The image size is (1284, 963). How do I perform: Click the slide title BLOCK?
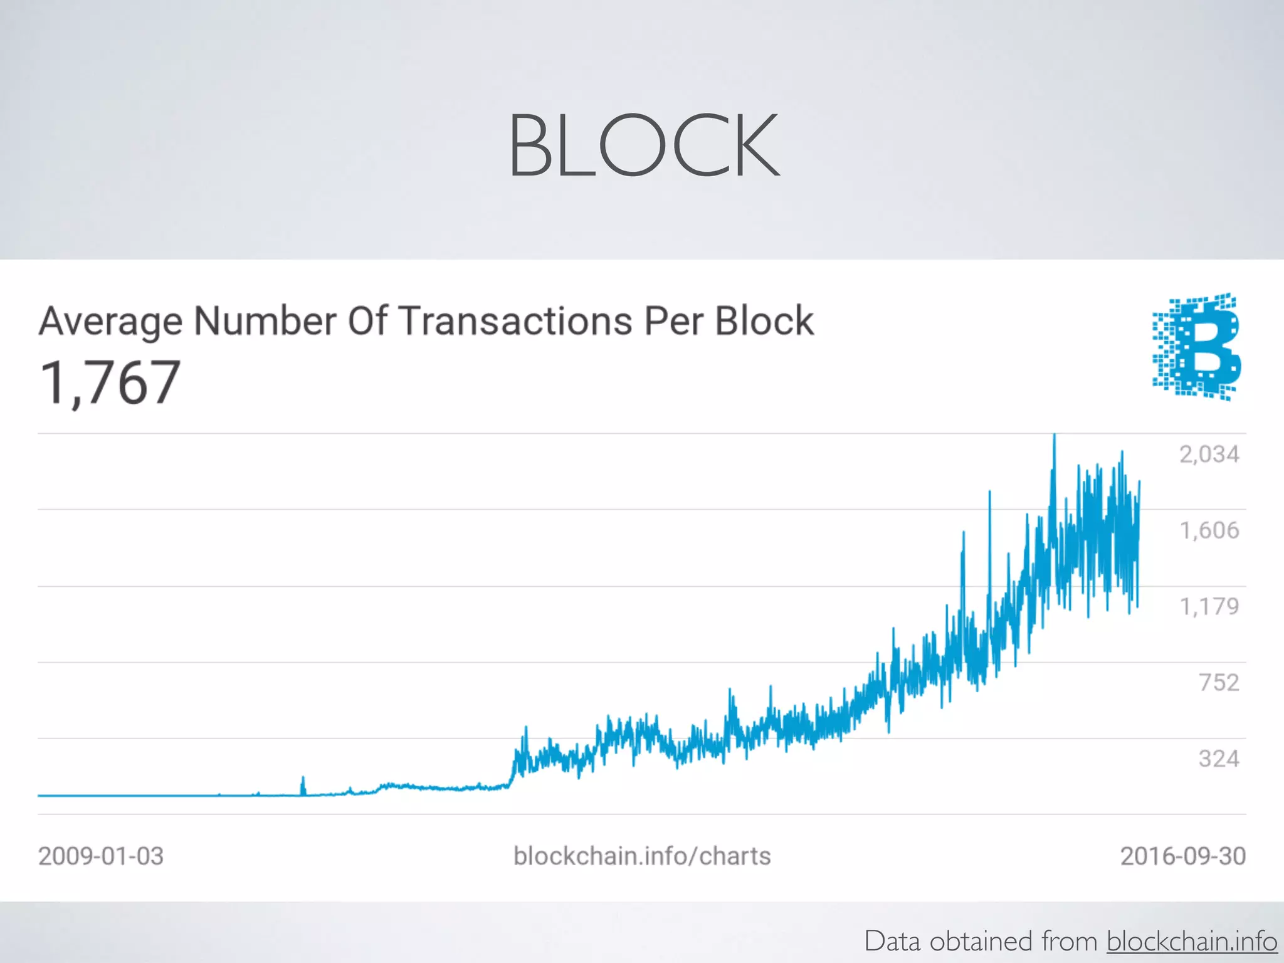click(644, 145)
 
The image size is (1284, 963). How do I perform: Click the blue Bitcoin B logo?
click(1197, 346)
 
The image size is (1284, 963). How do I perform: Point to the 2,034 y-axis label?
click(1209, 454)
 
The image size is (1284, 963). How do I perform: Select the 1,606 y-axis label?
click(1209, 530)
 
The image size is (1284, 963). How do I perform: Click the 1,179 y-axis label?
click(1209, 606)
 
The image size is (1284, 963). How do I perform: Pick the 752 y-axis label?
click(1219, 682)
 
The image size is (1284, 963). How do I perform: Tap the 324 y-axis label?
click(1219, 759)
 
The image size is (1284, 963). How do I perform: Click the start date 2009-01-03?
click(101, 856)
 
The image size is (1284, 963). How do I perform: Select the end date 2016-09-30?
click(1183, 856)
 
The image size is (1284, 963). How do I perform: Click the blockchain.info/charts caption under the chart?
click(642, 856)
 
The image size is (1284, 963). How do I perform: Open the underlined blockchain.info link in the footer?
click(1192, 942)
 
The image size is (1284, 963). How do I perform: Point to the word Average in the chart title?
click(110, 322)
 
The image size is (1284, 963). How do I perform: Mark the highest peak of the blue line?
click(1054, 435)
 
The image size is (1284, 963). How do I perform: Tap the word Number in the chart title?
click(266, 321)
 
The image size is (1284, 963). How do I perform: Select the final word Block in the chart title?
click(764, 321)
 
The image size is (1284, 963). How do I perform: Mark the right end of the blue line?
click(1139, 481)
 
